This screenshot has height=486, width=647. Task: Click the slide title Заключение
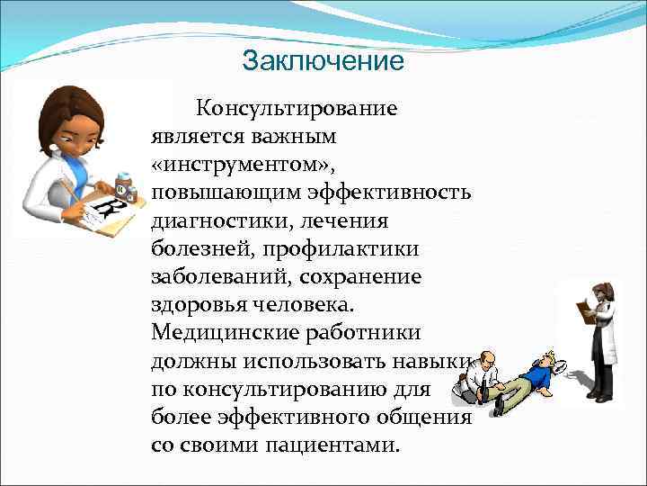click(323, 61)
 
